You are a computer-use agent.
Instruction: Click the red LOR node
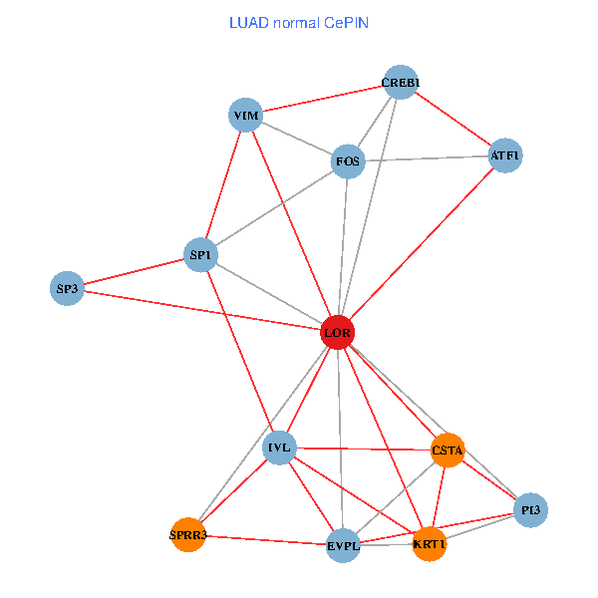tap(338, 332)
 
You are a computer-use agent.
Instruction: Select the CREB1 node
tap(401, 82)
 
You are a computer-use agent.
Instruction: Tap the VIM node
tap(245, 115)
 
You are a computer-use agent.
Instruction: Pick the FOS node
tap(348, 161)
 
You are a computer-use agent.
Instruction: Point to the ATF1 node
tap(505, 155)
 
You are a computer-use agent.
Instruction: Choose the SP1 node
tap(200, 254)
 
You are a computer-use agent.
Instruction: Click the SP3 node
tap(67, 288)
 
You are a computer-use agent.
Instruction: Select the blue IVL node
tap(279, 448)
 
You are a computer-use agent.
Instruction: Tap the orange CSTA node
tap(448, 450)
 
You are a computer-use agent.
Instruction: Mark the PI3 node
tap(530, 510)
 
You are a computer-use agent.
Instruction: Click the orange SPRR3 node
tap(188, 534)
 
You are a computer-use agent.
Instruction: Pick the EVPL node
tap(343, 545)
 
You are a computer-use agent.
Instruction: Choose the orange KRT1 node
tap(429, 544)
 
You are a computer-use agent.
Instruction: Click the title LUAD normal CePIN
tap(299, 23)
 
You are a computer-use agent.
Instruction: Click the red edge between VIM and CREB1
tap(323, 99)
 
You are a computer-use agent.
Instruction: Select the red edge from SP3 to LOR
tap(202, 310)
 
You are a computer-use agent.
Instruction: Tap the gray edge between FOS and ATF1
tap(427, 158)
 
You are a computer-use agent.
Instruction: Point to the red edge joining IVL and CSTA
tap(364, 448)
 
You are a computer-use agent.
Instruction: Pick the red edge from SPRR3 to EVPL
tap(266, 540)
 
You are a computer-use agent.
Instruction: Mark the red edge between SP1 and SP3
tap(134, 271)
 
